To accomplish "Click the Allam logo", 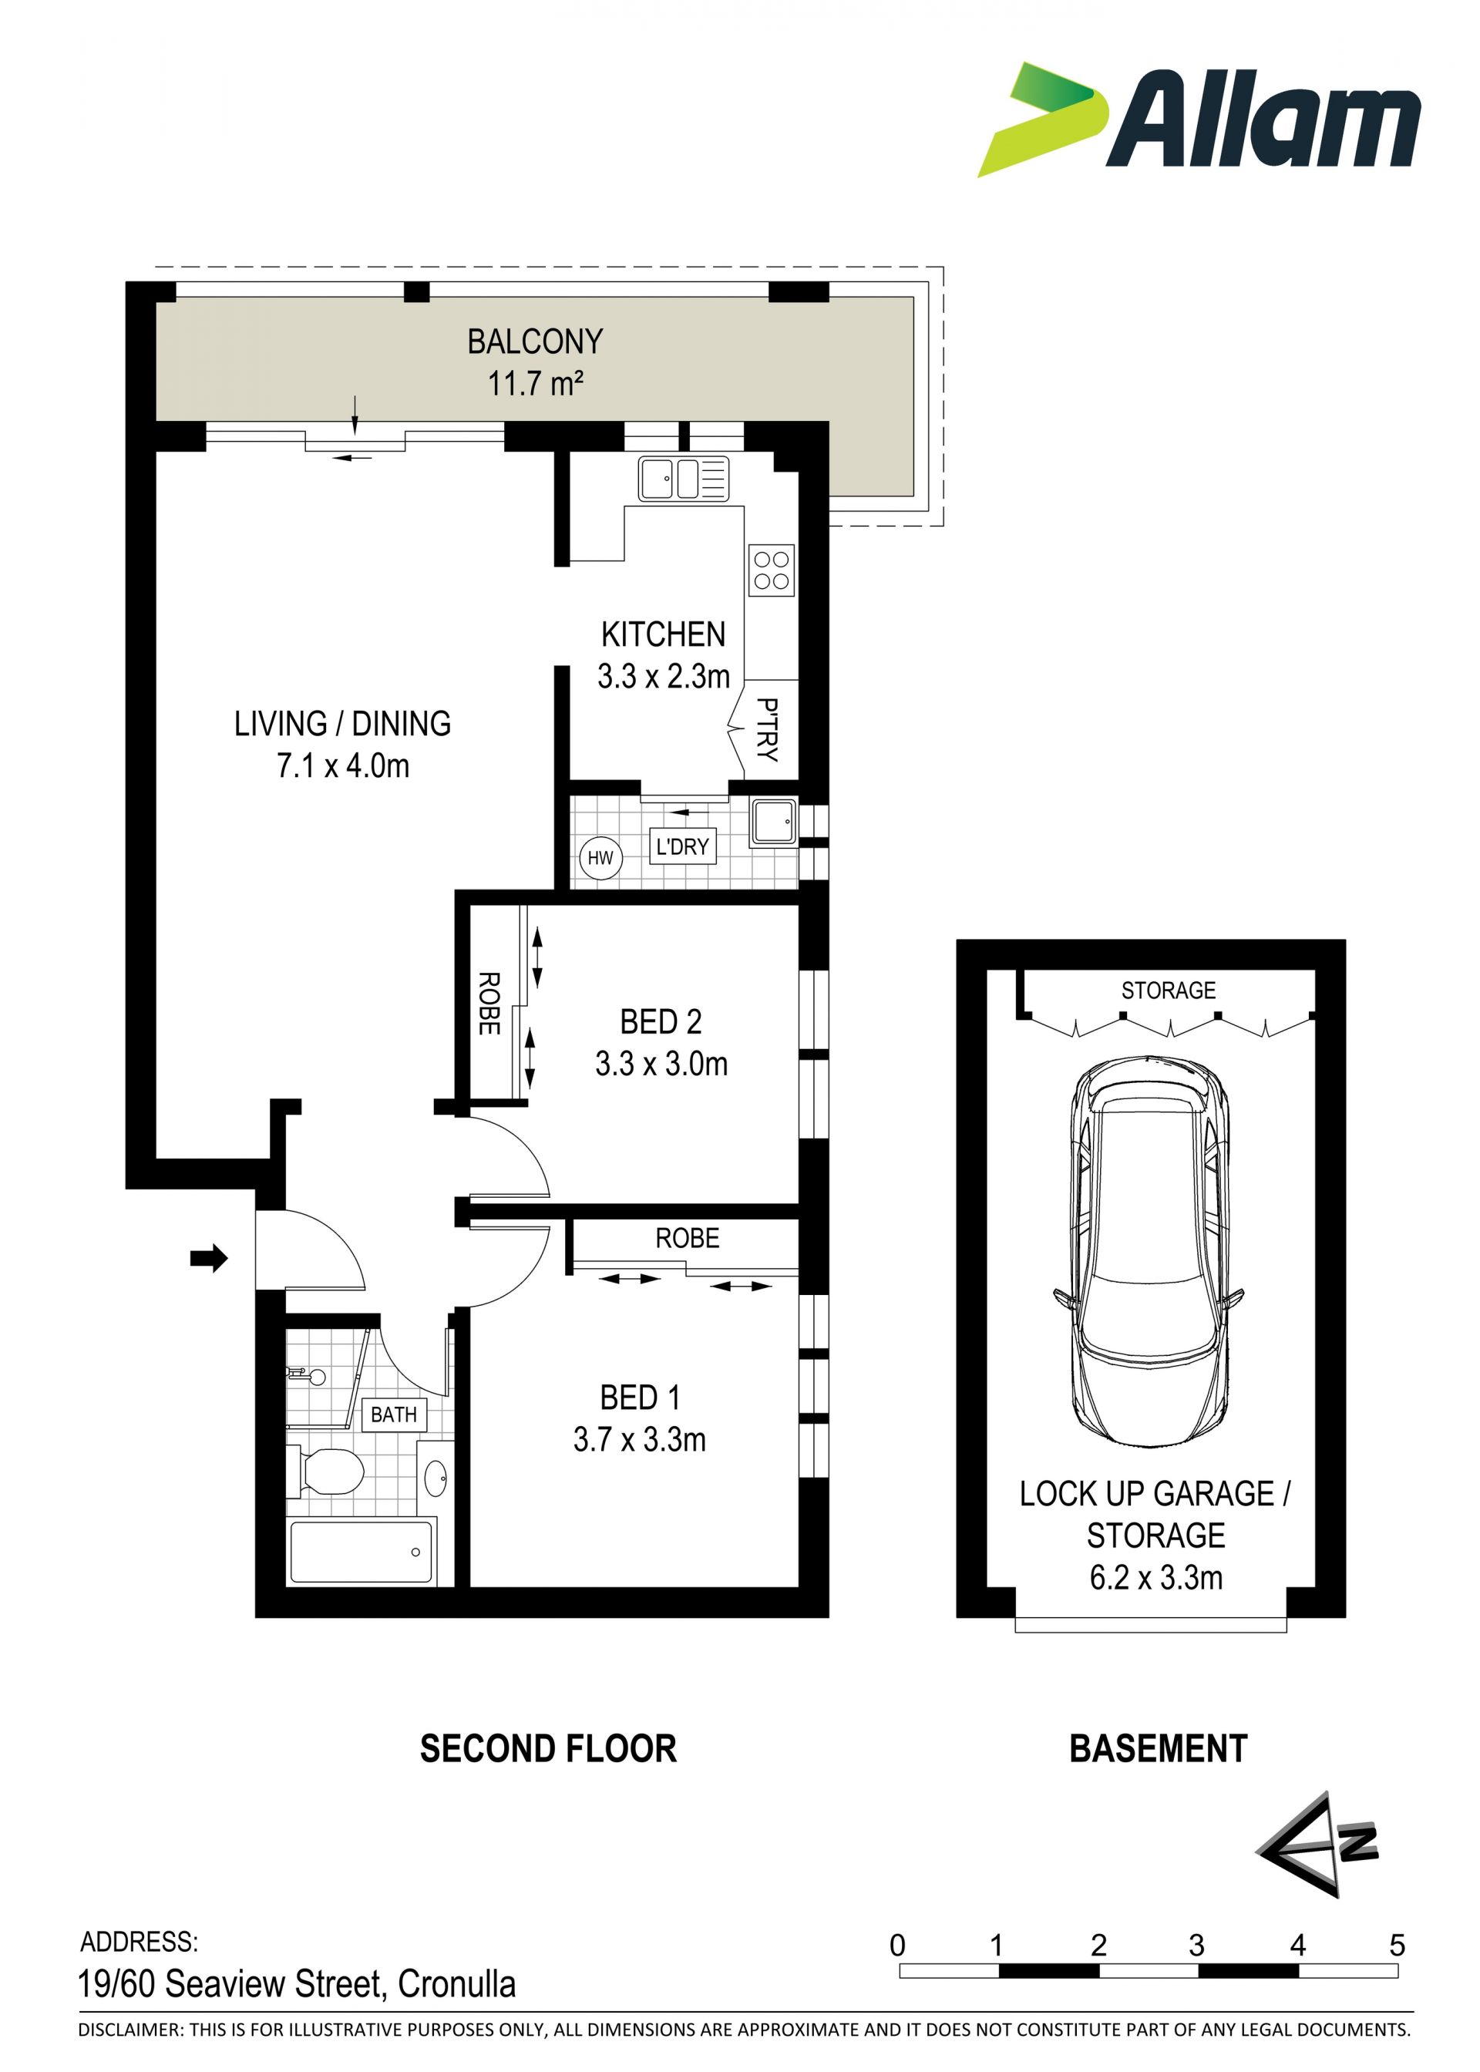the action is coord(1199,119).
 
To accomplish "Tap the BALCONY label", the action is coord(535,341).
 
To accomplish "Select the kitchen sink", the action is coord(684,479).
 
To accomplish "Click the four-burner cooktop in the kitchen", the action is coord(771,570).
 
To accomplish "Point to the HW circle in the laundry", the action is coord(600,857).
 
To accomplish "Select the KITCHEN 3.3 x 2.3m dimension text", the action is coord(664,677).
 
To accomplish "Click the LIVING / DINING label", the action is coord(343,724).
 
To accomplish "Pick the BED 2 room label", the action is coord(661,1021).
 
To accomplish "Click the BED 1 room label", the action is coord(640,1397).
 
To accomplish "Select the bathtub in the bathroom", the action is coord(361,1552).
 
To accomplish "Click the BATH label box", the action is coord(394,1415).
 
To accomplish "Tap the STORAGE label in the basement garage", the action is coord(1169,991).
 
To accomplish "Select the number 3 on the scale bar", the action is coord(1196,1946).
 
